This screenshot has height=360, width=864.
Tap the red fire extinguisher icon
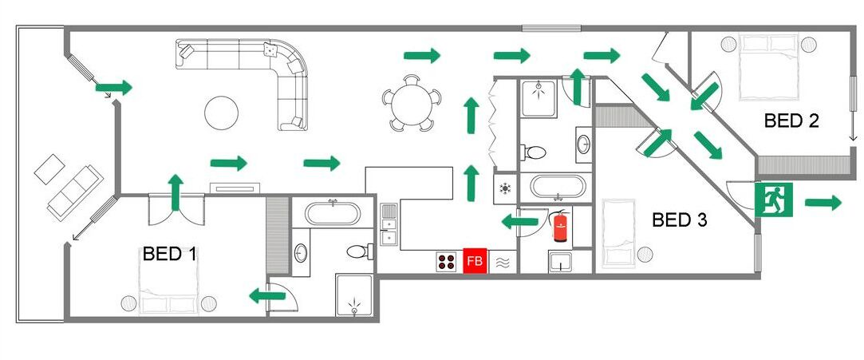(560, 226)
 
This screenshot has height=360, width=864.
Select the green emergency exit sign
(774, 200)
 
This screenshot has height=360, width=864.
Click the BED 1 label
(170, 254)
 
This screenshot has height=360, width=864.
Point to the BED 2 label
(791, 121)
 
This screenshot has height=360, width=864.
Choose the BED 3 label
(680, 220)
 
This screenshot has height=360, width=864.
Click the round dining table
(412, 103)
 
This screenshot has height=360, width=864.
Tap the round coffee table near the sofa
(222, 113)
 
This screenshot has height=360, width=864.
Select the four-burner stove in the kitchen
(446, 261)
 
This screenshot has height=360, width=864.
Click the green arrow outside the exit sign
(823, 202)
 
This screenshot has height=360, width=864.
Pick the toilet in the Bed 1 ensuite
(360, 252)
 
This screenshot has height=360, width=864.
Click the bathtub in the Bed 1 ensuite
(333, 213)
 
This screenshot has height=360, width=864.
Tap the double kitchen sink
(389, 224)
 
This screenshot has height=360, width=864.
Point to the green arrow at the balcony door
(114, 88)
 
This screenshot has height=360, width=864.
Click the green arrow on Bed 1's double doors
(176, 192)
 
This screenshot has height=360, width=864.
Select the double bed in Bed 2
(769, 67)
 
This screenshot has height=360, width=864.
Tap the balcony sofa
(76, 192)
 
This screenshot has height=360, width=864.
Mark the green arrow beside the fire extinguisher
(520, 222)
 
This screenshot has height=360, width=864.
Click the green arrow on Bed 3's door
(658, 142)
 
